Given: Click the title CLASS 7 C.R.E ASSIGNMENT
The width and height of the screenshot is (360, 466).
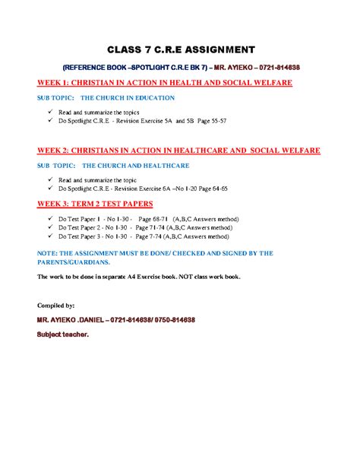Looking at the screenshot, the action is [180, 50].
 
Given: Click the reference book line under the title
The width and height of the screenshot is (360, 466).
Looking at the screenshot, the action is [180, 67].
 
